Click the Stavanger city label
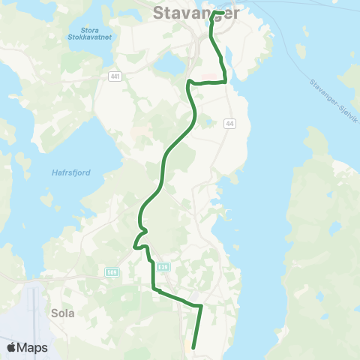click(196, 13)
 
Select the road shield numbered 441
click(114, 76)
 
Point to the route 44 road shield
click(229, 123)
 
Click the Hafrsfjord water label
click(72, 172)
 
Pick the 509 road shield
click(112, 271)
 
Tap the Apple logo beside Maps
click(12, 347)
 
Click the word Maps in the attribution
click(32, 347)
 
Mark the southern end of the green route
click(193, 347)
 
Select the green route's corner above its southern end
click(201, 305)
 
